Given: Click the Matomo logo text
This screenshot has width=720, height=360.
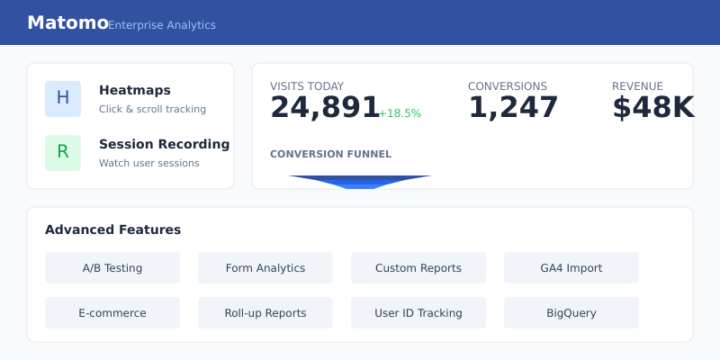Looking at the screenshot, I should tap(67, 22).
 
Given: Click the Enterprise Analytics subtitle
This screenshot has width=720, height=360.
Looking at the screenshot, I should tap(162, 25).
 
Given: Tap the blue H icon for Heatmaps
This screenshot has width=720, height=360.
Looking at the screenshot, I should tap(63, 99).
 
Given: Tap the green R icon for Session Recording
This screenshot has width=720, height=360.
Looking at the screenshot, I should tap(63, 153).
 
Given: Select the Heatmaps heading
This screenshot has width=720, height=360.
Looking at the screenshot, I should tap(135, 90).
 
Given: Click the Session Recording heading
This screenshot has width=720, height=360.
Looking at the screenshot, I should tap(164, 144).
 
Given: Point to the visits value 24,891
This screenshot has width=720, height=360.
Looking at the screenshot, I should tap(325, 107).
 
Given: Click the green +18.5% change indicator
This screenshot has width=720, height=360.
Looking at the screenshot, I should tap(400, 113).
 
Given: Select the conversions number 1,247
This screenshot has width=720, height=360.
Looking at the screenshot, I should tap(513, 107).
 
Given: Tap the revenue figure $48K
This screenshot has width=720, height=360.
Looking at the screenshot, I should tap(652, 107).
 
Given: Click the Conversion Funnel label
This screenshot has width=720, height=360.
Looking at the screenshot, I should tap(330, 154).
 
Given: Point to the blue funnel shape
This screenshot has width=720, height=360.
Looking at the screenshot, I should tap(360, 182).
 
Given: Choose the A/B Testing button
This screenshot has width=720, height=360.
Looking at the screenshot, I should tap(112, 267).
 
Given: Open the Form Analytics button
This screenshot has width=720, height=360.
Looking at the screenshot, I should tap(265, 267).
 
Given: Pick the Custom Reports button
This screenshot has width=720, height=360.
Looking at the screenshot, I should tap(418, 267).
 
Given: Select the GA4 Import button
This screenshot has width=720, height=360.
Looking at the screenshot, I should tap(571, 267).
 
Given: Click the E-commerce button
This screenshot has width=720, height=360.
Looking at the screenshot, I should tap(112, 312).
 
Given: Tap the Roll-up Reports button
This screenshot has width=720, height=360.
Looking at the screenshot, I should tap(265, 312).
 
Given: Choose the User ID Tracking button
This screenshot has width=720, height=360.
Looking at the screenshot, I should tap(418, 312).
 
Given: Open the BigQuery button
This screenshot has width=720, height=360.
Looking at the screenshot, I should tap(571, 312).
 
